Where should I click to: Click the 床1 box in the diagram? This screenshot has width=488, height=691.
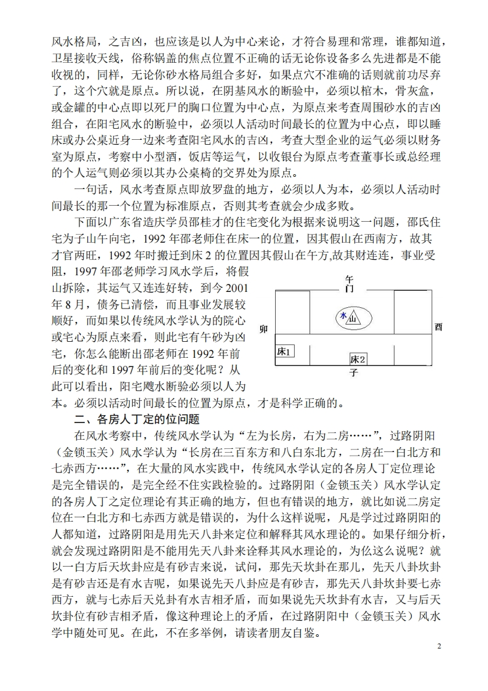[284, 352]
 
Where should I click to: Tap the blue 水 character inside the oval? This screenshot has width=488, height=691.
[343, 315]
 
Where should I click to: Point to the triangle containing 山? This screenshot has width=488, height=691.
[353, 318]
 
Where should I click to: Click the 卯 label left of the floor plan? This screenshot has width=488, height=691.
[263, 329]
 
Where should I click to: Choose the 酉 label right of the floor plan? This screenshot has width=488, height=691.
[438, 327]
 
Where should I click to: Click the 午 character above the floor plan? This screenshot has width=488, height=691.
[349, 279]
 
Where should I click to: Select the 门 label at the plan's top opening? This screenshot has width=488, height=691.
[349, 289]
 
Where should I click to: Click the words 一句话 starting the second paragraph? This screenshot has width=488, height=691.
[90, 189]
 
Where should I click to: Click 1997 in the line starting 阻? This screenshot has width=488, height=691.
[87, 272]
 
